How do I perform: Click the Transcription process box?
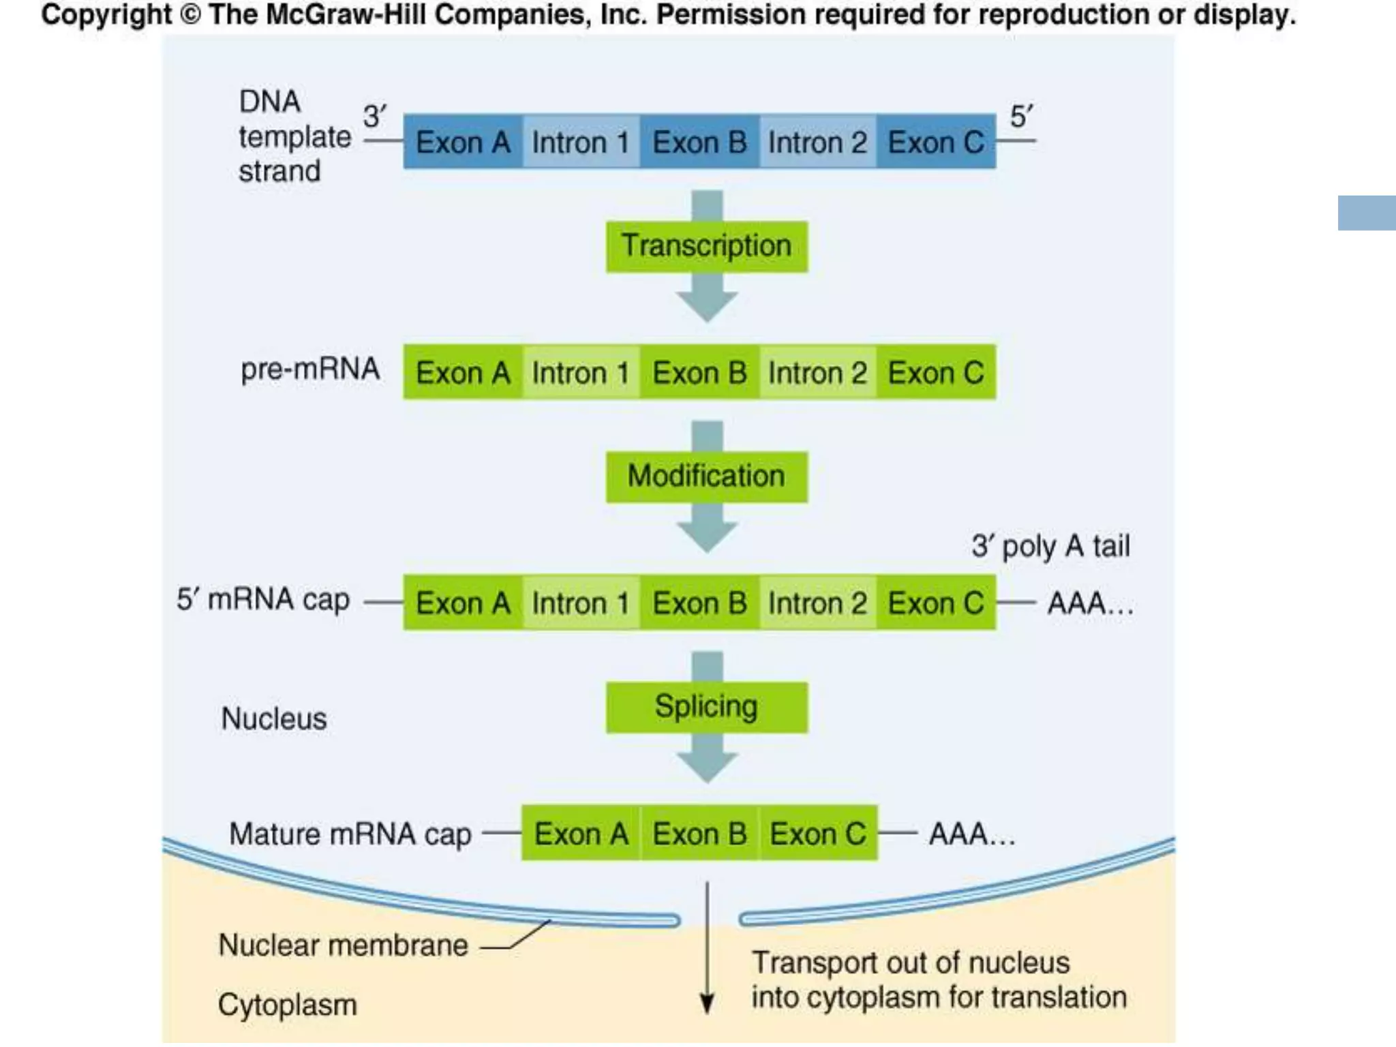[707, 246]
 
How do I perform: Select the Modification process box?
[707, 476]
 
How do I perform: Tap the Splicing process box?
[707, 707]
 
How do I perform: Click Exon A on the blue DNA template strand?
[463, 142]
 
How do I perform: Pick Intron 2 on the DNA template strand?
[817, 142]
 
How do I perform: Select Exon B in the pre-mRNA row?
[699, 373]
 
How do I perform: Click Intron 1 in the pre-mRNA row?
[580, 373]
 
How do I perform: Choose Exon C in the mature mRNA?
[818, 834]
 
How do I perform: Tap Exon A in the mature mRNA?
[581, 834]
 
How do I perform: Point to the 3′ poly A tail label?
[1050, 546]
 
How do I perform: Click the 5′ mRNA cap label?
[263, 600]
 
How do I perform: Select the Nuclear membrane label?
[343, 945]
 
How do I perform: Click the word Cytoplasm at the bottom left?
[287, 1005]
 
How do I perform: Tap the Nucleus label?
[274, 718]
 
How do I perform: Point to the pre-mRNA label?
[310, 369]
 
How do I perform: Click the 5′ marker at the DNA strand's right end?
[1021, 116]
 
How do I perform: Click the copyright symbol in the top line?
[190, 15]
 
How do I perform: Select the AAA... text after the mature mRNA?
[972, 834]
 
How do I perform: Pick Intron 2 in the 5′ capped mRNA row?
[817, 603]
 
